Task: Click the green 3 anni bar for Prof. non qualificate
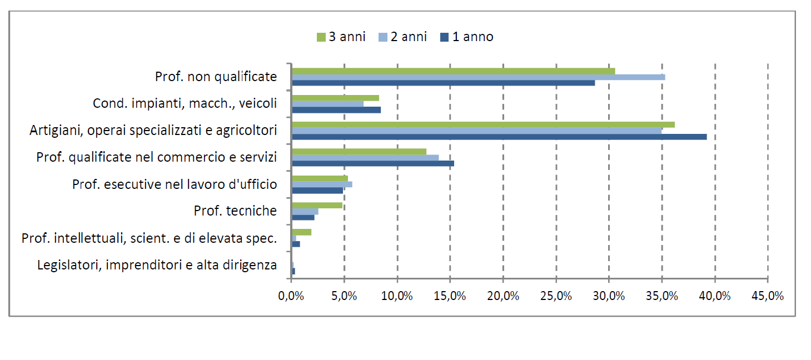tap(453, 71)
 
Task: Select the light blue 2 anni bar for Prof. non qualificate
tap(478, 77)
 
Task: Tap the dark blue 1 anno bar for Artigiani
tap(499, 137)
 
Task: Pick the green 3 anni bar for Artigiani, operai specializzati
tap(483, 124)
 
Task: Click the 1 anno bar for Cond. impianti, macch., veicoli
tap(336, 110)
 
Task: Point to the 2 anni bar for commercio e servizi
tap(365, 158)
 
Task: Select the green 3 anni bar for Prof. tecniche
tap(317, 205)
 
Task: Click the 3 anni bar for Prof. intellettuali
tap(301, 232)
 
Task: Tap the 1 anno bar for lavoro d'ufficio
tap(317, 191)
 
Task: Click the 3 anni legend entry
tap(341, 37)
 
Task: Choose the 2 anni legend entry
tap(402, 37)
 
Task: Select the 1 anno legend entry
tap(466, 37)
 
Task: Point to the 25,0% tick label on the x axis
tap(556, 296)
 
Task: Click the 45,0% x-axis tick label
tap(768, 296)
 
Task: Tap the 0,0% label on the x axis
tap(291, 296)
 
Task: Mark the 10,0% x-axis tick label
tap(397, 296)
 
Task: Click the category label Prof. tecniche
tap(235, 211)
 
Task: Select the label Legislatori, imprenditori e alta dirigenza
tap(157, 265)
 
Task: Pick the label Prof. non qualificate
tap(216, 77)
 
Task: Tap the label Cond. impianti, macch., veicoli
tap(185, 103)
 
